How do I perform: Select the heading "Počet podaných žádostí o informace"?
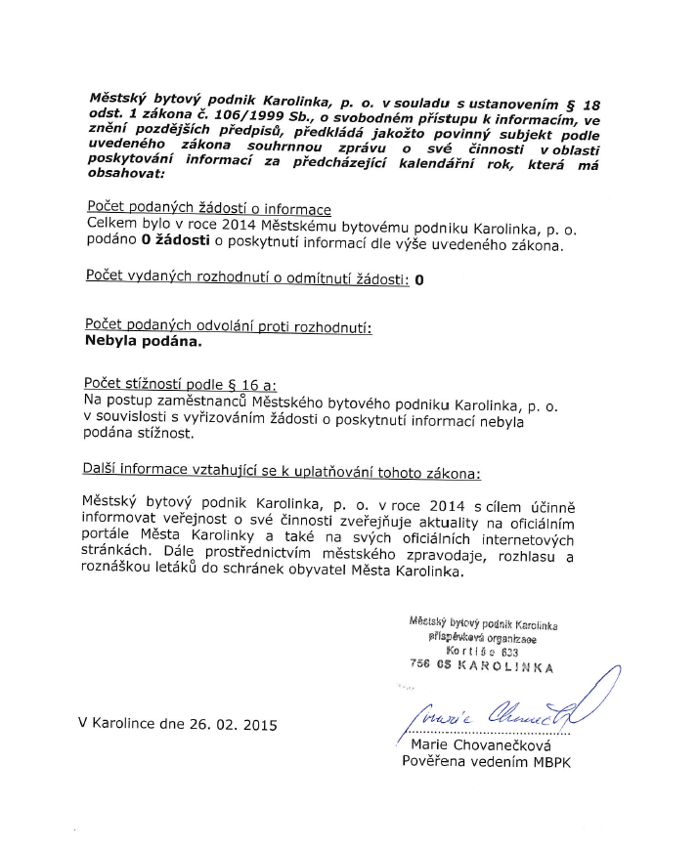pos(208,209)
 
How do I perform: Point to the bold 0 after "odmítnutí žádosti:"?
pos(419,280)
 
